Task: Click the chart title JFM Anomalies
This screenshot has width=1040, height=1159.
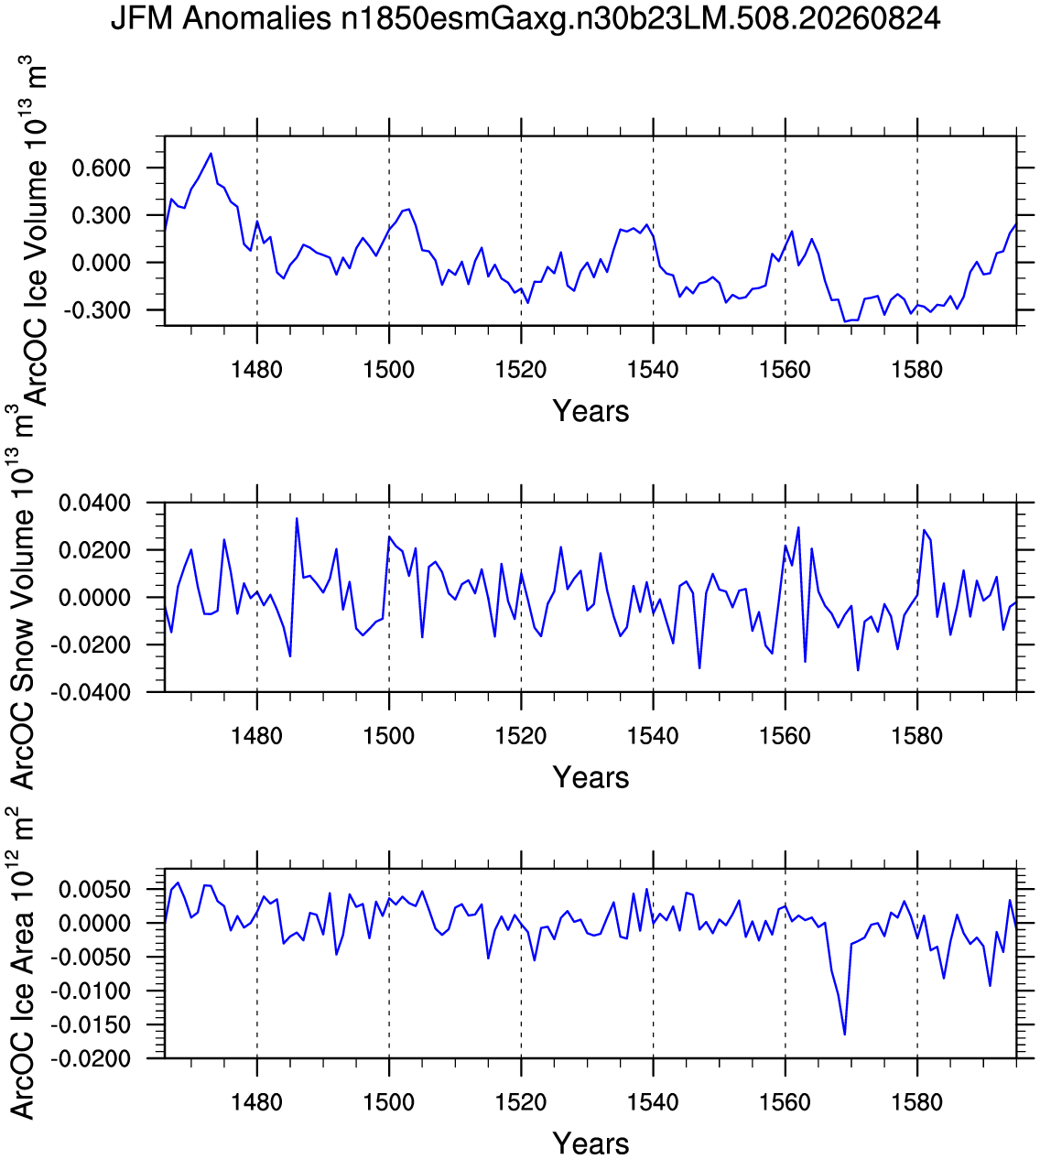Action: coord(221,18)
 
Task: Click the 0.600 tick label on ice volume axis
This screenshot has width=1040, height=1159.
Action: coord(102,168)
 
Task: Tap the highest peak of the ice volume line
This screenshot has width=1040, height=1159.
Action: coord(211,153)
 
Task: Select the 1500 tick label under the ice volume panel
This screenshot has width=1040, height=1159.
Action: coord(389,370)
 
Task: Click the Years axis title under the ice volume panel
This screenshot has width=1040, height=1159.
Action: coord(590,411)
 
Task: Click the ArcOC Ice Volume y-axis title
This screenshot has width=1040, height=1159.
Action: coord(33,230)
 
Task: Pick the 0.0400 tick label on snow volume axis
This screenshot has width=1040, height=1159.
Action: coord(95,503)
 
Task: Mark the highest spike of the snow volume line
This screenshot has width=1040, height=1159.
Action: coord(297,518)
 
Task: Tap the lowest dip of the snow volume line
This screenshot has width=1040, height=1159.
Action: coord(858,670)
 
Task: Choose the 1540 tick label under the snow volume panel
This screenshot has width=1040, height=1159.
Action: coord(653,736)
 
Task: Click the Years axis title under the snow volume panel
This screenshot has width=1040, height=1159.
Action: coord(590,777)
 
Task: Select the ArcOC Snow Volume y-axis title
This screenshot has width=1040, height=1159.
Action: coord(23,597)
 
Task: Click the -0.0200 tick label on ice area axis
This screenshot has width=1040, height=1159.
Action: coord(91,1059)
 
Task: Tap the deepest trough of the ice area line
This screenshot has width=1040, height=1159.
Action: coord(844,1034)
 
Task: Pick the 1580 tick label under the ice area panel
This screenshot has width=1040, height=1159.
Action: coord(917,1102)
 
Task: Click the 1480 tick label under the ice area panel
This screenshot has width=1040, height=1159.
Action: coord(256,1102)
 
